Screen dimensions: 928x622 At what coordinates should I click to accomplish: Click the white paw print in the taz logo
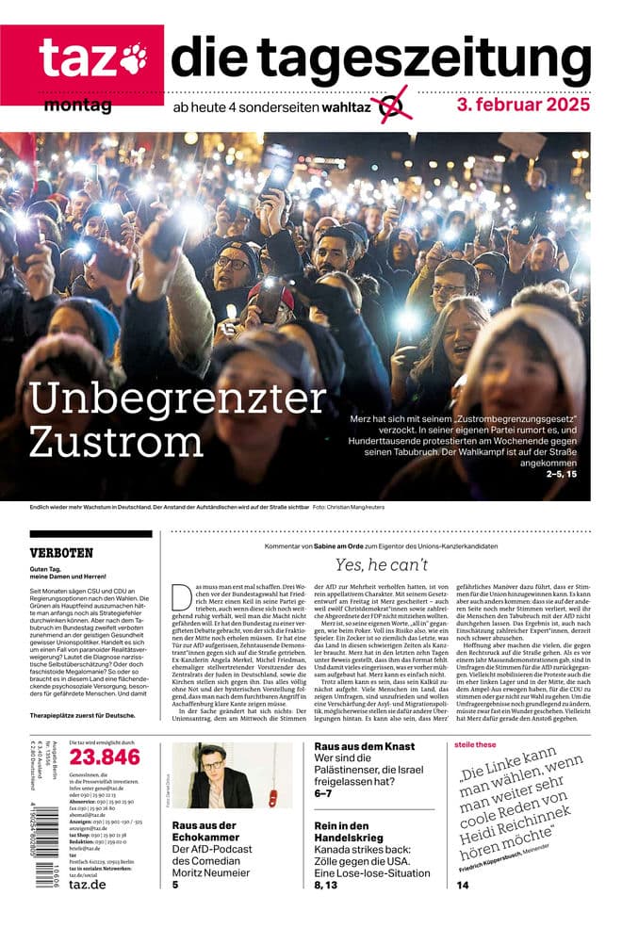coord(133,58)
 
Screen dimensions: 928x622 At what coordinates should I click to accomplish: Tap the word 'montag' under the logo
coord(77,106)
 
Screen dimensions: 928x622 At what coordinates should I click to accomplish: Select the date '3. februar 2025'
coord(523,104)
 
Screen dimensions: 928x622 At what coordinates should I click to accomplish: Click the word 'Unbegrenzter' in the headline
coord(177,399)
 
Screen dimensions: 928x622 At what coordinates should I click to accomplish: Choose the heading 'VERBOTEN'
coord(61,553)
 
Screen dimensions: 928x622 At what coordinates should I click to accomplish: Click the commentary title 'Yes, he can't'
coord(382,565)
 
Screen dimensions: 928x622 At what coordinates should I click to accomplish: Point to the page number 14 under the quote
coord(463,886)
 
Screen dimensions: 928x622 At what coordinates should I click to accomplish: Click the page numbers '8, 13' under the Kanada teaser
coord(325,886)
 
